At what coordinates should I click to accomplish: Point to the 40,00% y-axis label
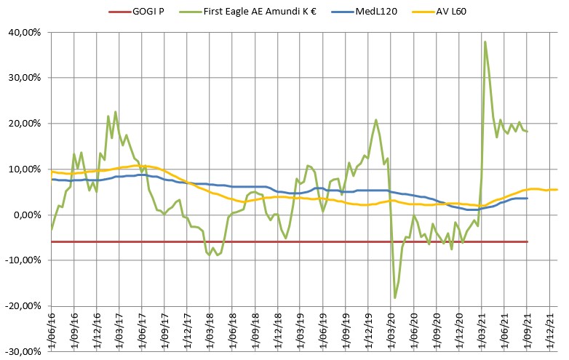[24, 33]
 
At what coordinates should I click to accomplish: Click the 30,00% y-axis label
[24, 78]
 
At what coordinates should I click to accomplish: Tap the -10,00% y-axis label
[23, 260]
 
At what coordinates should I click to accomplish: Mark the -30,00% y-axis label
[23, 352]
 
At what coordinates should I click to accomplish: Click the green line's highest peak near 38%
[485, 41]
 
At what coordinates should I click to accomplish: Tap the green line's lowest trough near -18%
[395, 297]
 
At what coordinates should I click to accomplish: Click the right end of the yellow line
[557, 190]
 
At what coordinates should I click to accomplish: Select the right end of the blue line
[527, 199]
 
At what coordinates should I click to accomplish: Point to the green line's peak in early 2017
[116, 112]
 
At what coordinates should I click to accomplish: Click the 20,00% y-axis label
[24, 124]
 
